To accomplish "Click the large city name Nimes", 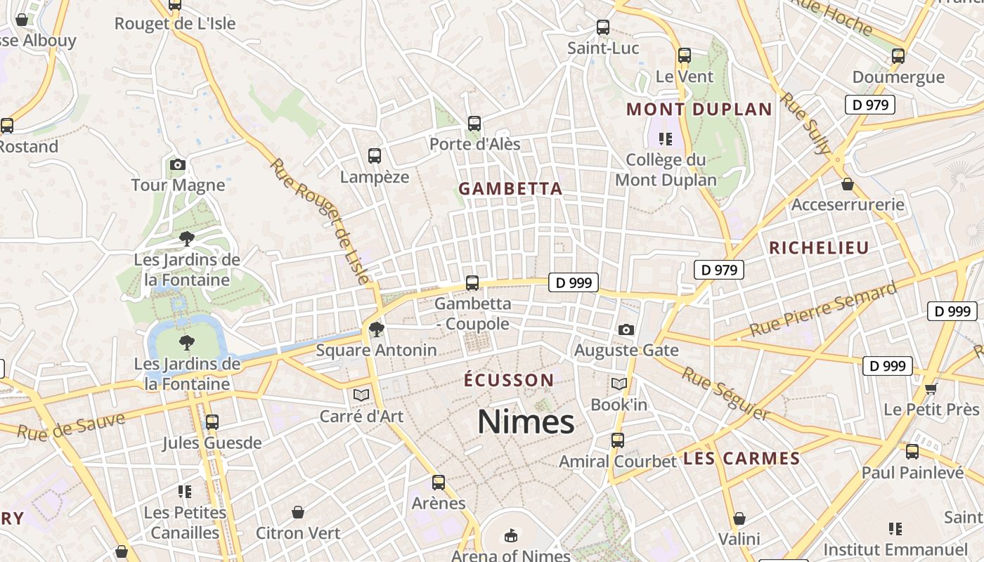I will click(526, 421).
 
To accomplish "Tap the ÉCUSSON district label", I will click(509, 381).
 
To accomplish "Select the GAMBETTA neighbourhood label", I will click(510, 189).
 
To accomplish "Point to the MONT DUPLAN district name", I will click(699, 110).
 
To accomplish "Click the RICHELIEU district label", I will click(819, 248).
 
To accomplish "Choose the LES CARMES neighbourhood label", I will click(742, 459).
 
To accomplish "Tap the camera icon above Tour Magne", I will click(178, 165).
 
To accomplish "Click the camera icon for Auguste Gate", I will click(626, 329).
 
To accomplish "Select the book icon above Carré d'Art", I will click(361, 396).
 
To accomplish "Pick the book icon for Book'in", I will click(619, 384).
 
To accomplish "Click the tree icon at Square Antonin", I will click(377, 329).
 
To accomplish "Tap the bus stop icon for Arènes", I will click(439, 483).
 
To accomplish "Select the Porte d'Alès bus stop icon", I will click(474, 124).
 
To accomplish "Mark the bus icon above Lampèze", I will click(375, 156).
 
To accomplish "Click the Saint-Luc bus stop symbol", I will click(603, 27).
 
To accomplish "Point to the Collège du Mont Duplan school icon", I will click(666, 139).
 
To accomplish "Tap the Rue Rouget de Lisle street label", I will click(320, 221).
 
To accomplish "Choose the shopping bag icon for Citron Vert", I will click(298, 512).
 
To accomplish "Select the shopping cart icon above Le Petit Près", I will click(931, 388).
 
